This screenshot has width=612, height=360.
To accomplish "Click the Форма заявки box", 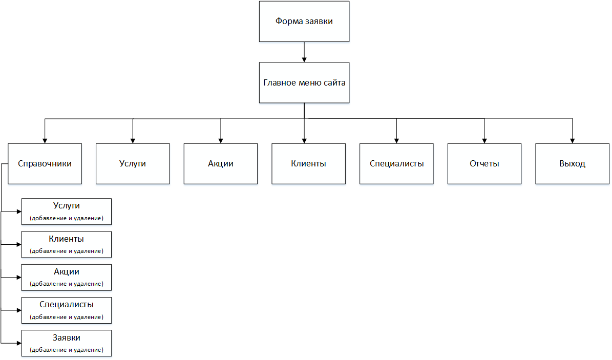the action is pos(304,22).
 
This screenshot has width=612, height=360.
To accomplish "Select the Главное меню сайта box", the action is pos(304,83).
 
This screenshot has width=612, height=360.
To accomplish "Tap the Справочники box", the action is pos(45,163).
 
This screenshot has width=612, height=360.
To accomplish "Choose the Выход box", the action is pos(572,163).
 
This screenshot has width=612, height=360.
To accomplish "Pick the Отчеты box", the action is pos(484,163).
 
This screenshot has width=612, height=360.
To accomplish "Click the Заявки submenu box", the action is pos(67,343).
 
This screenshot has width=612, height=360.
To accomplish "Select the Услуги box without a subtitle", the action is pos(133,163).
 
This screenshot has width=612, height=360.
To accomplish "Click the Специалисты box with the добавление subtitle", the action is pos(67,310).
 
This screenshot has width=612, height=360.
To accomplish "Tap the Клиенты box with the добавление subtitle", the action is pos(67,244).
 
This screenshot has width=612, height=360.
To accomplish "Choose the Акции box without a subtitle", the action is pos(221,163).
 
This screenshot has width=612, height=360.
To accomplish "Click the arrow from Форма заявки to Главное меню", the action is pos(304,52).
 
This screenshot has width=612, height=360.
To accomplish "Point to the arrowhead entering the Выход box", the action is pos(572,141).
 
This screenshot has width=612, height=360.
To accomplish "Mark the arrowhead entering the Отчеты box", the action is pos(484,141).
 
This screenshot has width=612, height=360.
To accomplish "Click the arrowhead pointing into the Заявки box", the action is pos(19,343).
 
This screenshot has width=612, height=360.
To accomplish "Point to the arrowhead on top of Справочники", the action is pos(45,141).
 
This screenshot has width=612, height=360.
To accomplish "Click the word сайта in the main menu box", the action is pos(334,83).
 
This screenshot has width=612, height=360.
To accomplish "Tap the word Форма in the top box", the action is pos(289,22).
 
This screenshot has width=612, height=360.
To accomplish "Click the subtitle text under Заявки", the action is pos(67,350).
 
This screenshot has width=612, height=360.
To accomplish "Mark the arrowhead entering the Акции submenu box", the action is pos(19,277).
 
